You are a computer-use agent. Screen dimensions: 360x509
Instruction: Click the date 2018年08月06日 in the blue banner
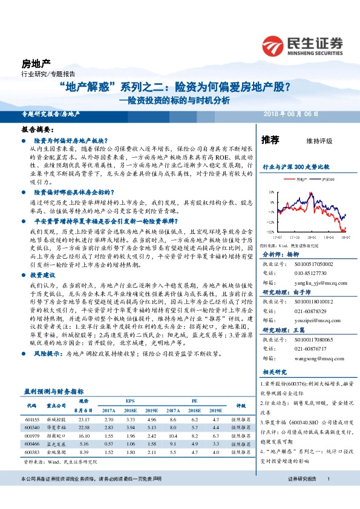[x=291, y=114]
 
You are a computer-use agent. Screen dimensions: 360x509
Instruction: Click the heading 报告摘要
[x=38, y=129]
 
